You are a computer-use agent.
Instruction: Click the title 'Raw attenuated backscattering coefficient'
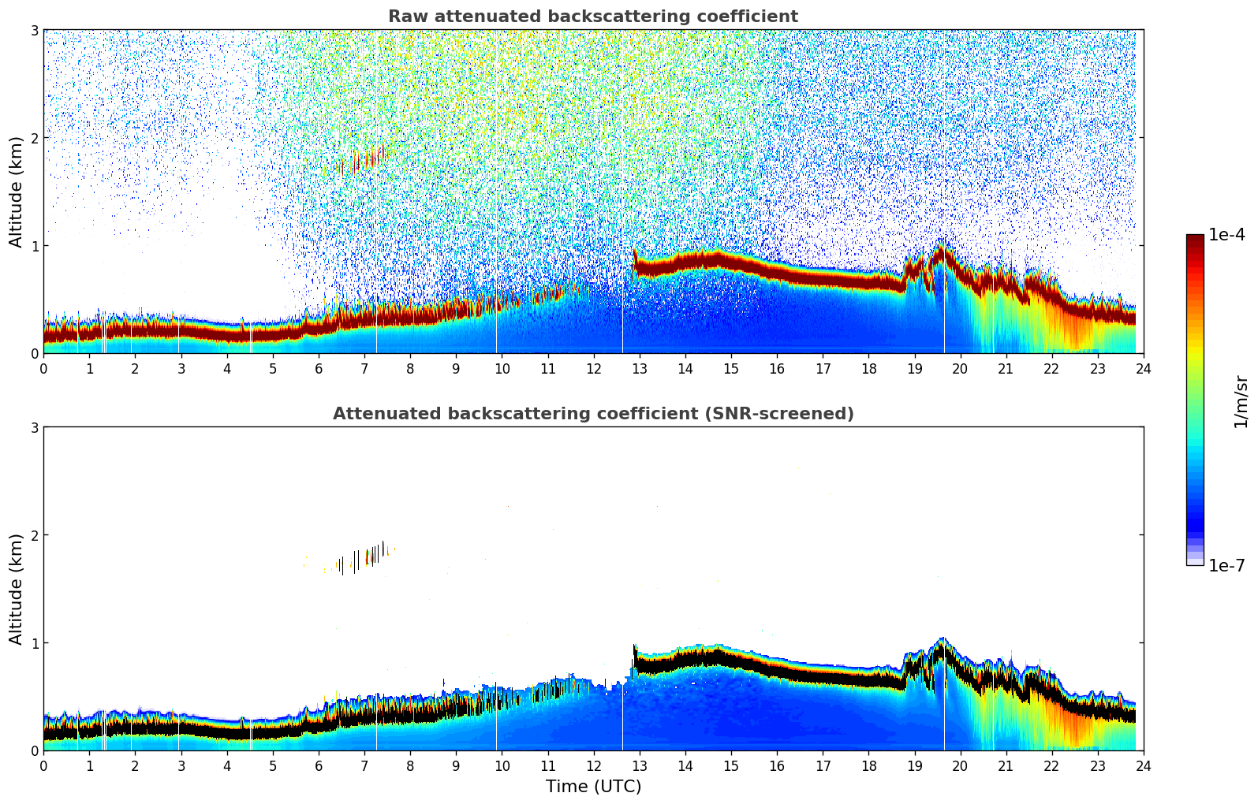tap(592, 17)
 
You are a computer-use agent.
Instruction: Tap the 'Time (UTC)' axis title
tap(593, 787)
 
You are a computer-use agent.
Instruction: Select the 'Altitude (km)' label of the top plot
tap(16, 192)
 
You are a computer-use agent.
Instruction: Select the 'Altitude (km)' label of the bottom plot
tap(16, 589)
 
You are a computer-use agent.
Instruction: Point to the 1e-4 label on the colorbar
tap(1226, 235)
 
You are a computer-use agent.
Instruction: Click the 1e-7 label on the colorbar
tap(1226, 565)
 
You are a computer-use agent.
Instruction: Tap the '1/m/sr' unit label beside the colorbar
tap(1241, 401)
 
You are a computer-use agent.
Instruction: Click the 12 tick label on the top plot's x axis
tap(593, 368)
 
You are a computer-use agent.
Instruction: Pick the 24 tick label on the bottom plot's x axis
tap(1143, 765)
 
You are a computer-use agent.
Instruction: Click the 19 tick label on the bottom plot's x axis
tap(914, 765)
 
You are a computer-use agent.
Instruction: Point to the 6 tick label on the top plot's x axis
tap(319, 368)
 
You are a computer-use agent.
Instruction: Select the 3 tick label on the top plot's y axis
tap(35, 30)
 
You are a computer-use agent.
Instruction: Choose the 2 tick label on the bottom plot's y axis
tap(35, 535)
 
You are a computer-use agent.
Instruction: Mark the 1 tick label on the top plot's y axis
tap(35, 246)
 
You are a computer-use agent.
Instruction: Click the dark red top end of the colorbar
tap(1195, 240)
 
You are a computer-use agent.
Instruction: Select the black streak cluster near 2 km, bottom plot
tap(361, 557)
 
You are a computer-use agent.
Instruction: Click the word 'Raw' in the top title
tap(405, 17)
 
